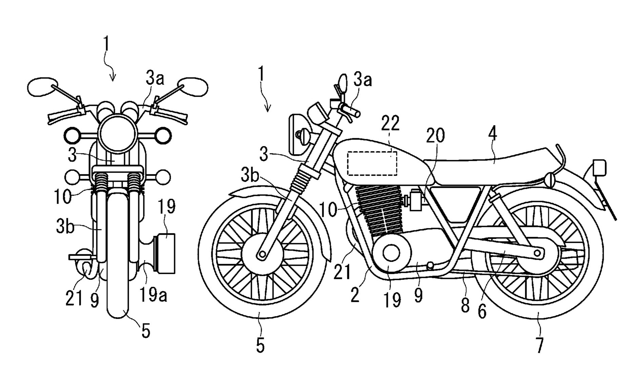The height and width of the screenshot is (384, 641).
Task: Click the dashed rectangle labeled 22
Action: pos(372,163)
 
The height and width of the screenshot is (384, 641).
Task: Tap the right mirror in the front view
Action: pos(194,86)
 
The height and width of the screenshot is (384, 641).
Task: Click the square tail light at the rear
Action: pos(599,167)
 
